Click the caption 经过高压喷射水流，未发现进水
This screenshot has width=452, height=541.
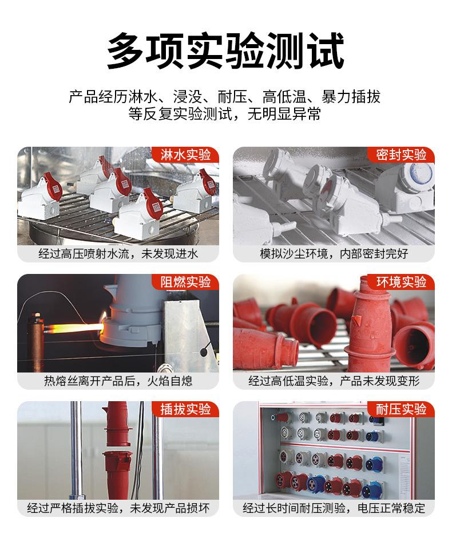click(118, 253)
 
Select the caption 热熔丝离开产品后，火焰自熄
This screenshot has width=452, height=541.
click(118, 381)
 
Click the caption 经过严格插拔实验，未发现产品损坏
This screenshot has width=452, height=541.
click(118, 508)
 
